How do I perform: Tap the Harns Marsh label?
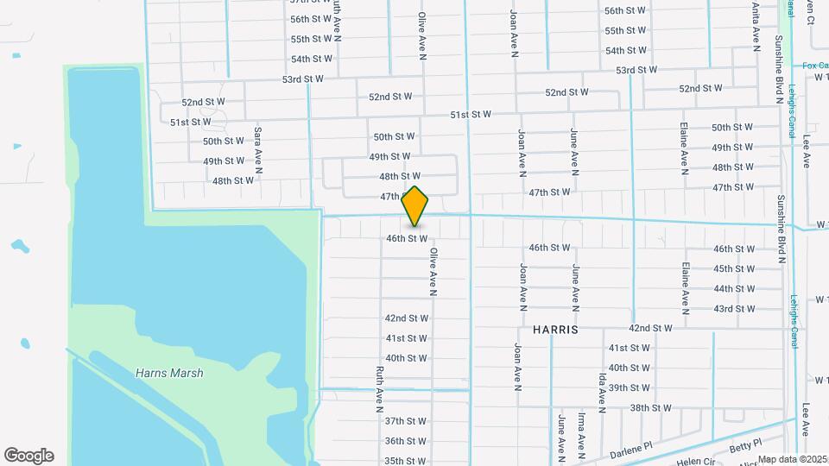coord(169,373)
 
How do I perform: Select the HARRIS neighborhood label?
coord(555,330)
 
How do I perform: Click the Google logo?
coord(28,456)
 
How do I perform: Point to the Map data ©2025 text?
coord(793,459)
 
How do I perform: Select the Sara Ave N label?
coord(257,146)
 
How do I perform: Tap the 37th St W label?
coord(406,421)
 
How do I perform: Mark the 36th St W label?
coord(406,441)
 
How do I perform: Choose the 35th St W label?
coord(406,461)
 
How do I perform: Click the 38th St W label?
coord(650,407)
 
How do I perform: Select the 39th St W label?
coord(630,387)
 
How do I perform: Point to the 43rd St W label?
coord(735,309)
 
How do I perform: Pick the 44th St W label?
coord(735,289)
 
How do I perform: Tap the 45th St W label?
coord(735,269)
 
